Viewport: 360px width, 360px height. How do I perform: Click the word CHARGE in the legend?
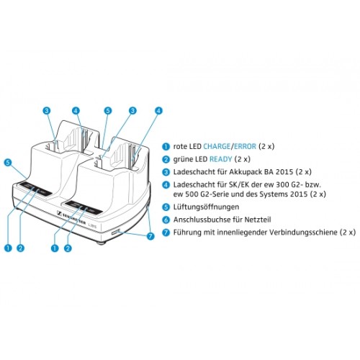pyautogui.click(x=217, y=146)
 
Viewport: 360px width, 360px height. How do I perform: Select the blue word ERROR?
pyautogui.click(x=245, y=146)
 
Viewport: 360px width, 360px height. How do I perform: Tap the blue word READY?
pyautogui.click(x=221, y=159)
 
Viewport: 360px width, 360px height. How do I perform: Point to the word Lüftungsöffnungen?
pyautogui.click(x=206, y=207)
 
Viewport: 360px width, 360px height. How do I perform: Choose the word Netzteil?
pyautogui.click(x=258, y=220)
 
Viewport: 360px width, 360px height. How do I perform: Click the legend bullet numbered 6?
pyautogui.click(x=166, y=220)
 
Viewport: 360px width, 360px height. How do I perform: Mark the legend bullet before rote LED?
pyautogui.click(x=166, y=146)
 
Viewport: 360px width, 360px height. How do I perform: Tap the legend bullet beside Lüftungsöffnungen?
pyautogui.click(x=166, y=207)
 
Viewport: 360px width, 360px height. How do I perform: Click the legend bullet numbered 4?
pyautogui.click(x=166, y=185)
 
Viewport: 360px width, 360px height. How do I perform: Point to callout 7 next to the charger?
pyautogui.click(x=150, y=236)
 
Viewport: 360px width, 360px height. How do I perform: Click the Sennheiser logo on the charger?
pyautogui.click(x=71, y=217)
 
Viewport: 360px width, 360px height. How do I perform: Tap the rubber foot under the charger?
pyautogui.click(x=101, y=243)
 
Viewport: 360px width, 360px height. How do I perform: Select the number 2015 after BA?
pyautogui.click(x=286, y=172)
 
